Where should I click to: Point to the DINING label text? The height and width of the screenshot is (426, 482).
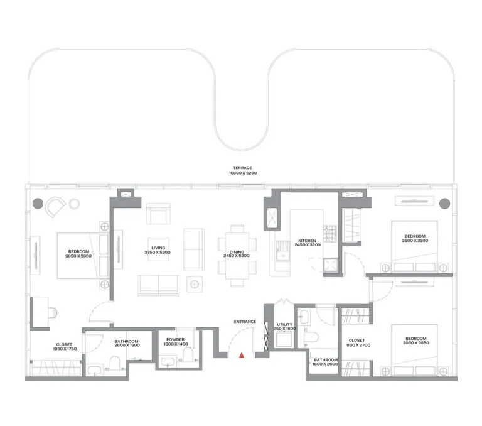(x=237, y=253)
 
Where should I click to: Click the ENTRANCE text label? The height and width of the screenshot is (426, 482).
(x=245, y=322)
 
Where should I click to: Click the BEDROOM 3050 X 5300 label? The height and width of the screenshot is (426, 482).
(x=80, y=254)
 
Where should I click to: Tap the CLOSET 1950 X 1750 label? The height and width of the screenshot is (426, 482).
(x=63, y=346)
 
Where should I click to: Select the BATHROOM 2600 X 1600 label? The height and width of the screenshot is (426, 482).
(x=126, y=344)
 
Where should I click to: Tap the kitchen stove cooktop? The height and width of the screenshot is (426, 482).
(x=330, y=232)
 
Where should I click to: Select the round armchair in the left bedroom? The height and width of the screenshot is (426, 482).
(x=56, y=205)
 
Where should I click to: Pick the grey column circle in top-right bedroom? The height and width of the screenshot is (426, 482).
(x=445, y=204)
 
